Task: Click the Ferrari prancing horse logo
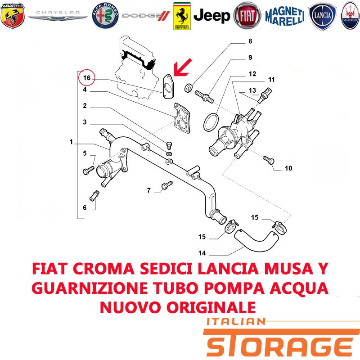[x=182, y=16]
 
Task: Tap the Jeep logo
[x=211, y=16]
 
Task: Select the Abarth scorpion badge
[x=13, y=16]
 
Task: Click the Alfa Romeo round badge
[x=105, y=16]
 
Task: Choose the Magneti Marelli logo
[x=285, y=16]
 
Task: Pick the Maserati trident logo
[x=351, y=16]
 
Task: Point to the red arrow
[x=182, y=67]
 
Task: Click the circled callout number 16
[x=87, y=77]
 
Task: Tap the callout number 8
[x=250, y=41]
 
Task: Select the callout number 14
[x=202, y=253]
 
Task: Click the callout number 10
[x=288, y=168]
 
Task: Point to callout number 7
[x=149, y=190]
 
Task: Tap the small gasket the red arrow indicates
[x=168, y=86]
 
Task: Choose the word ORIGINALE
[x=211, y=307]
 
